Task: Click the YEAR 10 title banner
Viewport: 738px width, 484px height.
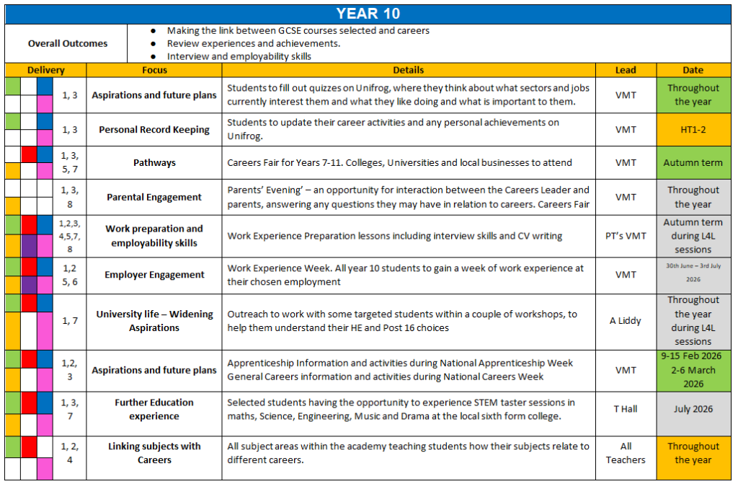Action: pos(368,14)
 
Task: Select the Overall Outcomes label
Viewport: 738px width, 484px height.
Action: pos(67,43)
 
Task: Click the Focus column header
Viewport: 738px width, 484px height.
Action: pos(154,70)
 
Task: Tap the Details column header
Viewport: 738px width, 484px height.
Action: pos(408,70)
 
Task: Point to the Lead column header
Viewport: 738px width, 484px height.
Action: pos(626,70)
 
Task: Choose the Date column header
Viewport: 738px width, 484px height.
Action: pos(693,70)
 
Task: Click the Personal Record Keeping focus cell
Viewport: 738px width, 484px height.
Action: pos(154,130)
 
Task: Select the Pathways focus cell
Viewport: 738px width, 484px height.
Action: pos(154,163)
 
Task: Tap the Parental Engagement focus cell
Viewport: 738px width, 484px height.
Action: pos(154,197)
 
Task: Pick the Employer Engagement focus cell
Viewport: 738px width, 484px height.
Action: pos(154,275)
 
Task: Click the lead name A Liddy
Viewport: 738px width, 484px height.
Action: pos(626,321)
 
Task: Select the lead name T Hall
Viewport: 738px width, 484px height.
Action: pos(626,409)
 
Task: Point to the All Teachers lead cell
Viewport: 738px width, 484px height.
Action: pos(626,453)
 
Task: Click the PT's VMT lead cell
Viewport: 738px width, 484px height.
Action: pos(626,236)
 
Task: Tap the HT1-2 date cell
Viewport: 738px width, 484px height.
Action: pos(693,130)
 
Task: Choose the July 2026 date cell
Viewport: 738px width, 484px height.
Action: pos(693,409)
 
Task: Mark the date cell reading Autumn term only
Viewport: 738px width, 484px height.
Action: pos(693,163)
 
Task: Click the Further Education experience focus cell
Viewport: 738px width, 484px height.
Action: pos(154,409)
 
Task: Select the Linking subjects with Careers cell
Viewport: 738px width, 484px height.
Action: pos(154,453)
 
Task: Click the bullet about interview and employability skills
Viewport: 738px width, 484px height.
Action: pos(239,56)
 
